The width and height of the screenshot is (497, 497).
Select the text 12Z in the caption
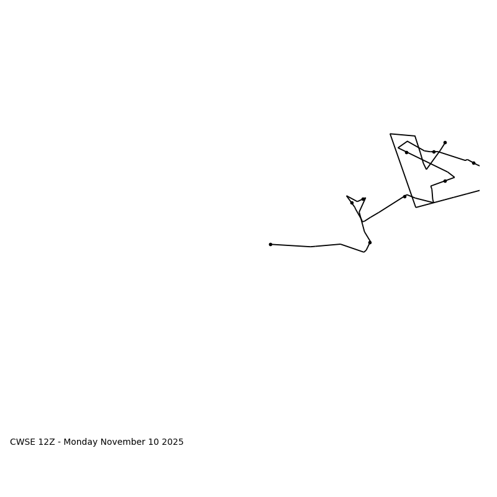coord(47,442)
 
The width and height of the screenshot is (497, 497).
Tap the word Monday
coord(80,442)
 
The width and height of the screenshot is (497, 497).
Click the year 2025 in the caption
coord(171,442)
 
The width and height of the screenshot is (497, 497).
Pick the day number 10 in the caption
coord(153,442)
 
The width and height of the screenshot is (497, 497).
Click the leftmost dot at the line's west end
coord(270,244)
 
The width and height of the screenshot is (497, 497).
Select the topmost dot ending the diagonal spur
coord(445,142)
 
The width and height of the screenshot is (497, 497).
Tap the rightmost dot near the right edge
coord(473,163)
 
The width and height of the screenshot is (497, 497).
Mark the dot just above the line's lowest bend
coord(370,242)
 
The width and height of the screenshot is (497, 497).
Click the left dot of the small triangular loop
coord(352,203)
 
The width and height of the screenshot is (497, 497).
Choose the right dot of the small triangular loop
coord(363,199)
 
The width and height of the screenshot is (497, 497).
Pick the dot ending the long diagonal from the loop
coord(404,196)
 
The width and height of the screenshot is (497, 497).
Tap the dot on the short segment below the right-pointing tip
coord(445,181)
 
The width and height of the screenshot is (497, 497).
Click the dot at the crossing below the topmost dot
coord(434,152)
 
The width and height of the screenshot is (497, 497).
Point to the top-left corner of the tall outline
coord(390,134)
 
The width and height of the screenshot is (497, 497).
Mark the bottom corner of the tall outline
coord(416,207)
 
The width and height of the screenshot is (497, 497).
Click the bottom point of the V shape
coord(426,169)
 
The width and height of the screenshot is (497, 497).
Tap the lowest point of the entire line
coord(364,252)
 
